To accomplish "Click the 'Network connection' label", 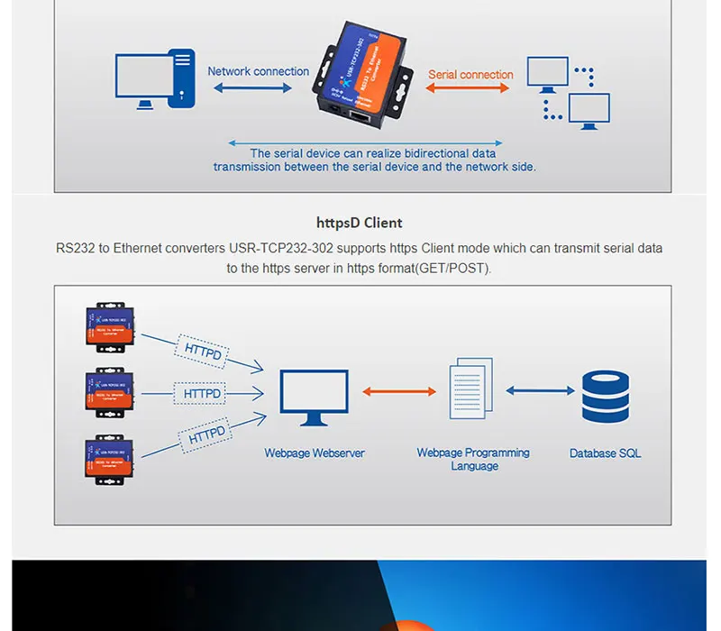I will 258,71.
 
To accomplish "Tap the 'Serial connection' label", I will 470,75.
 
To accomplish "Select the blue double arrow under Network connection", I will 253,88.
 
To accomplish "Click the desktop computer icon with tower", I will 154,79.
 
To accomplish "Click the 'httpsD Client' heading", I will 359,223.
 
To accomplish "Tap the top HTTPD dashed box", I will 203,350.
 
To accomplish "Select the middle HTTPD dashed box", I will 202,394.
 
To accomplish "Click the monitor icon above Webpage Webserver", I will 314,398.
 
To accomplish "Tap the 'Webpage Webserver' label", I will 314,453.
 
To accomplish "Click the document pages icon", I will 471,388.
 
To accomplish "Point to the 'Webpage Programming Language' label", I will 473,459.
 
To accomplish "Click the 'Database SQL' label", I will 605,453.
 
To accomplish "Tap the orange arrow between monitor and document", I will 399,391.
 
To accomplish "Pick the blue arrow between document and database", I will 540,390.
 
